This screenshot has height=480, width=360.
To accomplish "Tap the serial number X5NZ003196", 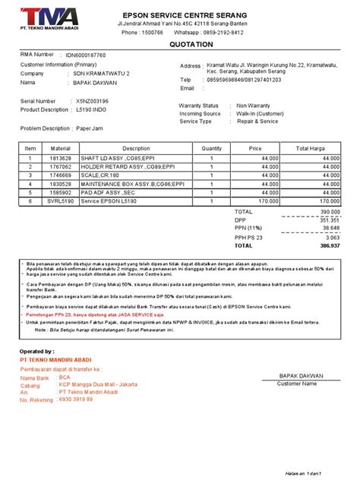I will pyautogui.click(x=93, y=100).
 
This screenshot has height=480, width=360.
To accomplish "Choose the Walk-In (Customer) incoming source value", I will pyautogui.click(x=263, y=113).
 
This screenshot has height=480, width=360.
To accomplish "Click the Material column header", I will pyautogui.click(x=61, y=148).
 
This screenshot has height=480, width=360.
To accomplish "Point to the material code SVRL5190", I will pyautogui.click(x=61, y=201).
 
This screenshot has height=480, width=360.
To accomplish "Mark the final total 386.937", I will pyautogui.click(x=328, y=246).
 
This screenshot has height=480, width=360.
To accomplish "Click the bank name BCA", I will pyautogui.click(x=65, y=377).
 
